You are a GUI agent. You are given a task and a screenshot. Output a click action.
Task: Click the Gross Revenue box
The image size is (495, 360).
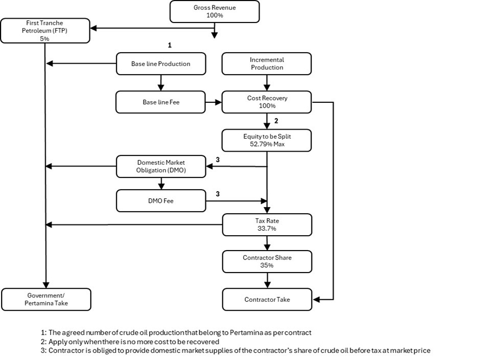point(215,12)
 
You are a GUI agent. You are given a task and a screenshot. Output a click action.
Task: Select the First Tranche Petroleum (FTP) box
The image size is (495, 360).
point(45,31)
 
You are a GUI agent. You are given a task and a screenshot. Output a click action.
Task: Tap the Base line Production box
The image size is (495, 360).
point(161,64)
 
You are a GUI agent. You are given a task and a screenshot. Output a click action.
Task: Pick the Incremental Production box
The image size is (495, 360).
point(267,64)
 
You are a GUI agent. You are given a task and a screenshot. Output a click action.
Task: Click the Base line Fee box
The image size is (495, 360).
point(161,102)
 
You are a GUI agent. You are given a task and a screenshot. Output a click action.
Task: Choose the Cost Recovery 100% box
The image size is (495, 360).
point(267,102)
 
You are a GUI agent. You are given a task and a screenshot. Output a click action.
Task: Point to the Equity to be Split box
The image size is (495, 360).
point(267,140)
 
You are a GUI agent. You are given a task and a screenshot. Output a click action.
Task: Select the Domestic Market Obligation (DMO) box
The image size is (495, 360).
point(161,167)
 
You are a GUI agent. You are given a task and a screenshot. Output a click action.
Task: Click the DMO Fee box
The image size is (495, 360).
point(161,201)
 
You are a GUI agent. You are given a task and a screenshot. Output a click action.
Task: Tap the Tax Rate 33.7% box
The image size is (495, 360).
point(267,225)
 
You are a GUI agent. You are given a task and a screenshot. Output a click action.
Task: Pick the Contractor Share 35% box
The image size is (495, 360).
point(267,262)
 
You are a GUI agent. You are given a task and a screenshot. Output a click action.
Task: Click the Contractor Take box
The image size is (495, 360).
point(267,300)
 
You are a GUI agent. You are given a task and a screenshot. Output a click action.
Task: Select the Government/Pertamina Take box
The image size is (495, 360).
point(46,300)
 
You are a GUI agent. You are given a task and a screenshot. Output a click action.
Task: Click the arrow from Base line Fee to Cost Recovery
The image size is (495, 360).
point(214,102)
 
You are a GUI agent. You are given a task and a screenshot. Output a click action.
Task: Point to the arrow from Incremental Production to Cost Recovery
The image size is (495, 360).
point(267,83)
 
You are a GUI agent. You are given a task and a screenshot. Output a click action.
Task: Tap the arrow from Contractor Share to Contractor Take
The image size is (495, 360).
point(267,280)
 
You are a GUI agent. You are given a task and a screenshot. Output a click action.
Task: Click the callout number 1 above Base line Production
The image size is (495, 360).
point(169,45)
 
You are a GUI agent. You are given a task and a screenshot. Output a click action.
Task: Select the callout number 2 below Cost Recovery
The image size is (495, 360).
point(276,121)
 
